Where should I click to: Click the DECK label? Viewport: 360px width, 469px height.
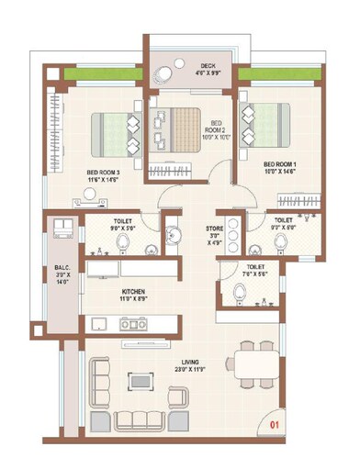(208, 65)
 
